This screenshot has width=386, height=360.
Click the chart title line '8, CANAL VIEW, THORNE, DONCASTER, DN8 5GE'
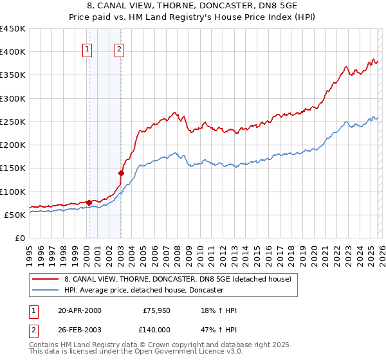(193, 5)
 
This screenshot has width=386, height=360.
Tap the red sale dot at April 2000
(89, 203)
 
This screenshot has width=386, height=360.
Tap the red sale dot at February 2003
(121, 172)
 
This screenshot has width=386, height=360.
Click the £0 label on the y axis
(20, 238)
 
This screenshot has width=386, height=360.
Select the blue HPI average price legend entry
(143, 291)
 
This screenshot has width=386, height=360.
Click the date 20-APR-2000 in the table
(79, 310)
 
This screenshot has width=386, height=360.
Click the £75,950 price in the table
(156, 310)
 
